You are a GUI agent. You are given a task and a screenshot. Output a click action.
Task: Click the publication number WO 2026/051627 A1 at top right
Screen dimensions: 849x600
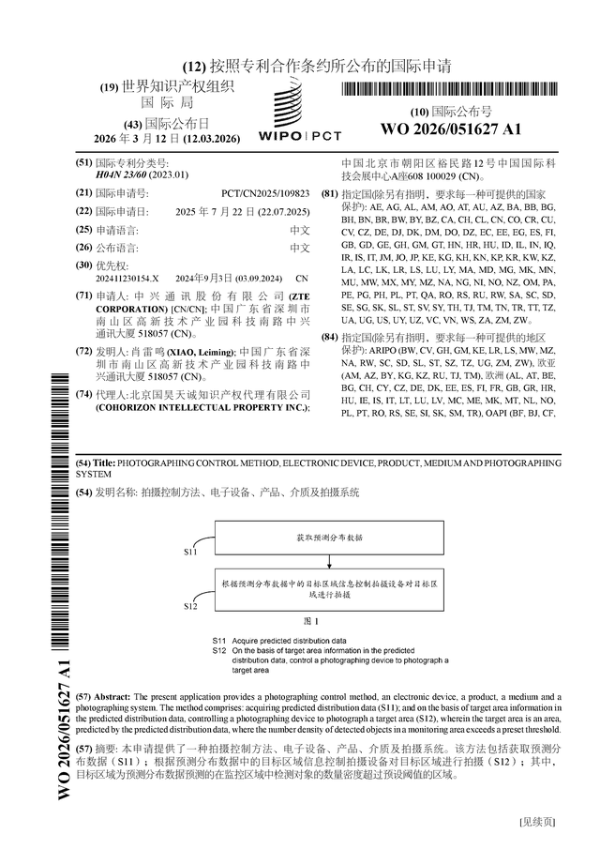(x=450, y=129)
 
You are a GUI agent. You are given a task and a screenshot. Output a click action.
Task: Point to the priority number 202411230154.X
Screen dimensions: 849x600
(x=127, y=279)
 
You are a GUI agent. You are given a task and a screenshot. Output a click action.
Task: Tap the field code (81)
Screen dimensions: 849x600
(x=330, y=194)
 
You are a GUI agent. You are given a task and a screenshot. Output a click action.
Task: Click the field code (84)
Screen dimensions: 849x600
(x=330, y=336)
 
